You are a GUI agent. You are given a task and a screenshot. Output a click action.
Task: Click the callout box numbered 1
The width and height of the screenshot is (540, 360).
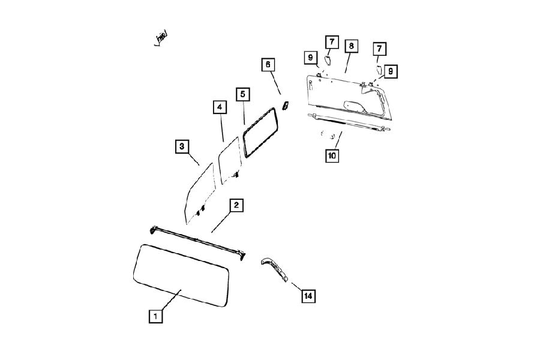(x=155, y=316)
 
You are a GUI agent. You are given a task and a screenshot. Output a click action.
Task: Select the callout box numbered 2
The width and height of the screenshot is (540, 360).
(x=236, y=205)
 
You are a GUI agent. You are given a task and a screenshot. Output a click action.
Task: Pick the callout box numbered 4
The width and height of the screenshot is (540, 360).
(x=220, y=107)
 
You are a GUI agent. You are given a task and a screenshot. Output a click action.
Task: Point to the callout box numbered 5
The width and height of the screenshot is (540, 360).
(x=243, y=94)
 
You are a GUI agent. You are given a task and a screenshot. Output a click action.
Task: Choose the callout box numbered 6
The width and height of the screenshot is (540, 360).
(x=268, y=64)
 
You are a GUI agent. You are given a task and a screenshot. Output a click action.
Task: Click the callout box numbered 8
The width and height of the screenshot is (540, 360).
(x=351, y=46)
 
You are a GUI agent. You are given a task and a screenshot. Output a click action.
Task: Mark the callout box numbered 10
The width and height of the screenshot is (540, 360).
(x=332, y=155)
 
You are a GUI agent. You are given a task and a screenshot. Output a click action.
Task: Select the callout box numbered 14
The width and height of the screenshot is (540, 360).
(x=308, y=296)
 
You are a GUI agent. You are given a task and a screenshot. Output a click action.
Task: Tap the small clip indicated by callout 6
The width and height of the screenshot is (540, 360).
(x=286, y=106)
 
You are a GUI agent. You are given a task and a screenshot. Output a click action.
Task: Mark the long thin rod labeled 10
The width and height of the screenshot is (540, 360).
(x=348, y=122)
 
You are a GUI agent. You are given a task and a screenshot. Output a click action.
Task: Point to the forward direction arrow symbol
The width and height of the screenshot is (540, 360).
(x=161, y=38)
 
